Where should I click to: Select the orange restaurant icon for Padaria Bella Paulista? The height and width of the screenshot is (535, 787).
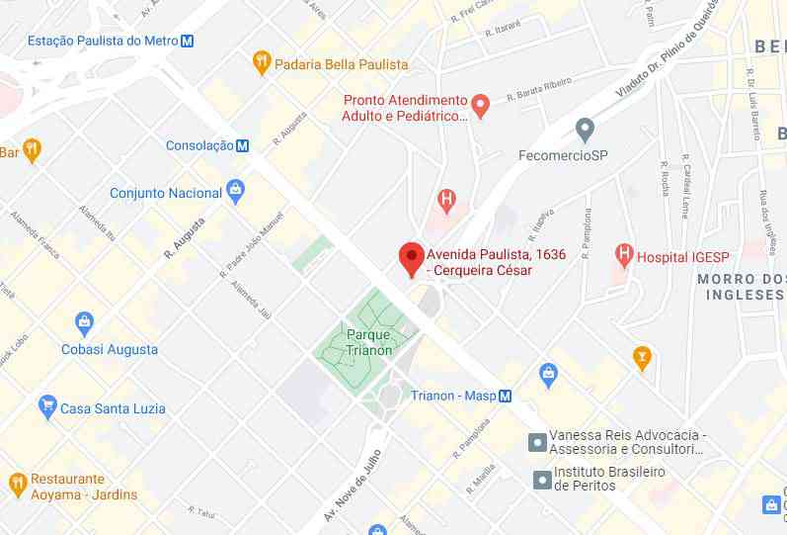click(261, 62)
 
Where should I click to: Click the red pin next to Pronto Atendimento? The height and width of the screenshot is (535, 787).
click(481, 105)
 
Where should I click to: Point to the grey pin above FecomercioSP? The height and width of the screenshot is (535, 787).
click(585, 129)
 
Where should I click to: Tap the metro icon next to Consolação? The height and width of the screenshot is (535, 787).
click(242, 145)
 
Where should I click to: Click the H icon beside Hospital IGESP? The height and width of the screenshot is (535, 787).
click(623, 255)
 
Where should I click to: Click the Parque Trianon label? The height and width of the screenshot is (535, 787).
click(368, 341)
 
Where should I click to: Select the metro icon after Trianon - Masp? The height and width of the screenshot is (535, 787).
click(505, 396)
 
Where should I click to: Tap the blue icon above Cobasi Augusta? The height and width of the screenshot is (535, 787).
click(85, 322)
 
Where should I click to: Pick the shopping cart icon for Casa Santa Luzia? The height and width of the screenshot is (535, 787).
click(46, 406)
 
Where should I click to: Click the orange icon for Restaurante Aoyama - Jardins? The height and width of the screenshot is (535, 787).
click(17, 485)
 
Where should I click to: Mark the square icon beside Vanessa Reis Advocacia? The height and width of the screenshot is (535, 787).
click(538, 441)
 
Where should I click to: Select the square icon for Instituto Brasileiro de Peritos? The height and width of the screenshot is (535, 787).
click(542, 480)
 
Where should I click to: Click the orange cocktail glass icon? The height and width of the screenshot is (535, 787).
click(643, 357)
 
